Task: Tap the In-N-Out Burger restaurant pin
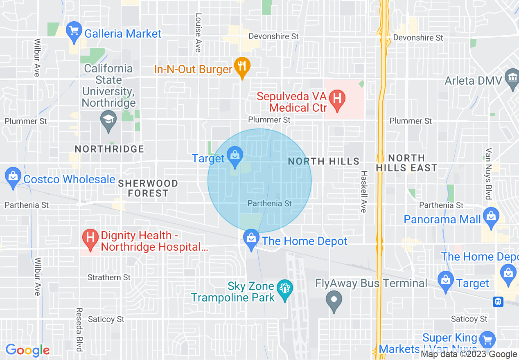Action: [x=242, y=66]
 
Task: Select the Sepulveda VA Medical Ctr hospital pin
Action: [x=338, y=100]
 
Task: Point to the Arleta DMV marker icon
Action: [x=512, y=79]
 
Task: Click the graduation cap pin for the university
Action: [x=108, y=121]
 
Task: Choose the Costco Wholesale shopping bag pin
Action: [x=14, y=177]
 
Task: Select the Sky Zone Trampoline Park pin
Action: [x=285, y=289]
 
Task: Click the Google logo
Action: [x=27, y=350]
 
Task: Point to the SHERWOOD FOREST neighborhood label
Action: [x=148, y=188]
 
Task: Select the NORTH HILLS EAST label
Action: [x=406, y=163]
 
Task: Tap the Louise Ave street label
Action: [x=199, y=33]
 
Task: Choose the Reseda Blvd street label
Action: [x=79, y=329]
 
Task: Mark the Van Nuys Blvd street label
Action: [x=488, y=173]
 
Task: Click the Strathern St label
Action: [x=109, y=277]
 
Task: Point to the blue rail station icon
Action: [x=498, y=301]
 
